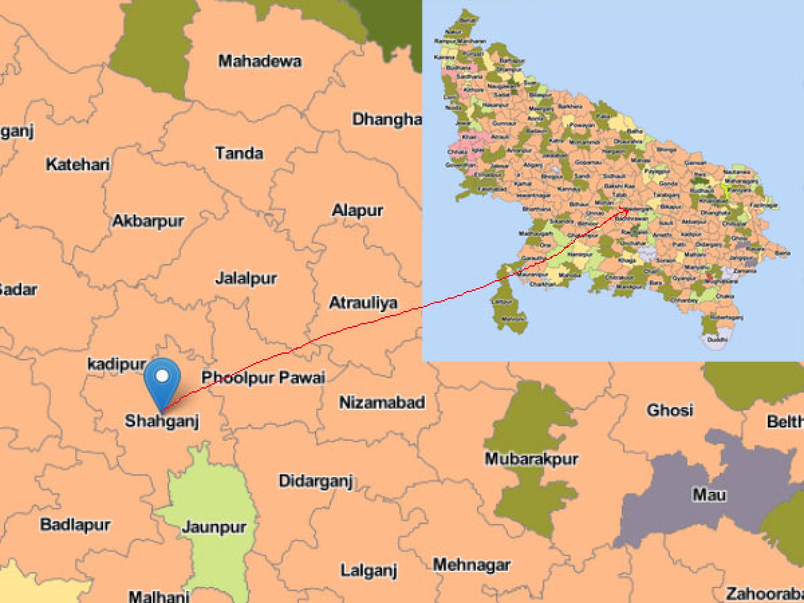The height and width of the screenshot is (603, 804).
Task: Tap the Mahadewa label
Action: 260,62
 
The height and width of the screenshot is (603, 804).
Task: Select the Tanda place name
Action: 239,153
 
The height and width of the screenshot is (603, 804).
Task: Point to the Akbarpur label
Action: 148,221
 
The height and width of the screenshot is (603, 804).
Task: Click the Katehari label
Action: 78,164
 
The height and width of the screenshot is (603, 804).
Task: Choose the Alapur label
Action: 358,210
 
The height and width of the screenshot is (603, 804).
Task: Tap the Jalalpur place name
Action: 246,278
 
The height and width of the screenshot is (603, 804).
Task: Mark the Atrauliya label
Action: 363,303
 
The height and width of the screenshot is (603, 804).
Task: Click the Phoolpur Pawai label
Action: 263,378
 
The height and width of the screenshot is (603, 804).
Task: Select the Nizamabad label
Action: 382,403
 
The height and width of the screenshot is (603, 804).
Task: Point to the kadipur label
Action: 117,364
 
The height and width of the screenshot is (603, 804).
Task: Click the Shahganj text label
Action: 162,421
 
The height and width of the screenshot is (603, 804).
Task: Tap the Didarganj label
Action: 316,481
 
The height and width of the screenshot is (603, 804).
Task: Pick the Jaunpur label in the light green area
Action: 214,527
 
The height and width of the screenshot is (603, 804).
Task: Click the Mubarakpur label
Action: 531,459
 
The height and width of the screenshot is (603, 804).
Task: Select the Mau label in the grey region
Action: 709,496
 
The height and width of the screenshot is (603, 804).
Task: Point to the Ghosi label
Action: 670,410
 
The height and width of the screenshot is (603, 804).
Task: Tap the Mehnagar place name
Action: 472,565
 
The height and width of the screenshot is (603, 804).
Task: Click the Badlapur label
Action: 76,524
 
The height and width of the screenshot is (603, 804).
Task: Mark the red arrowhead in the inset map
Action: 626,210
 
